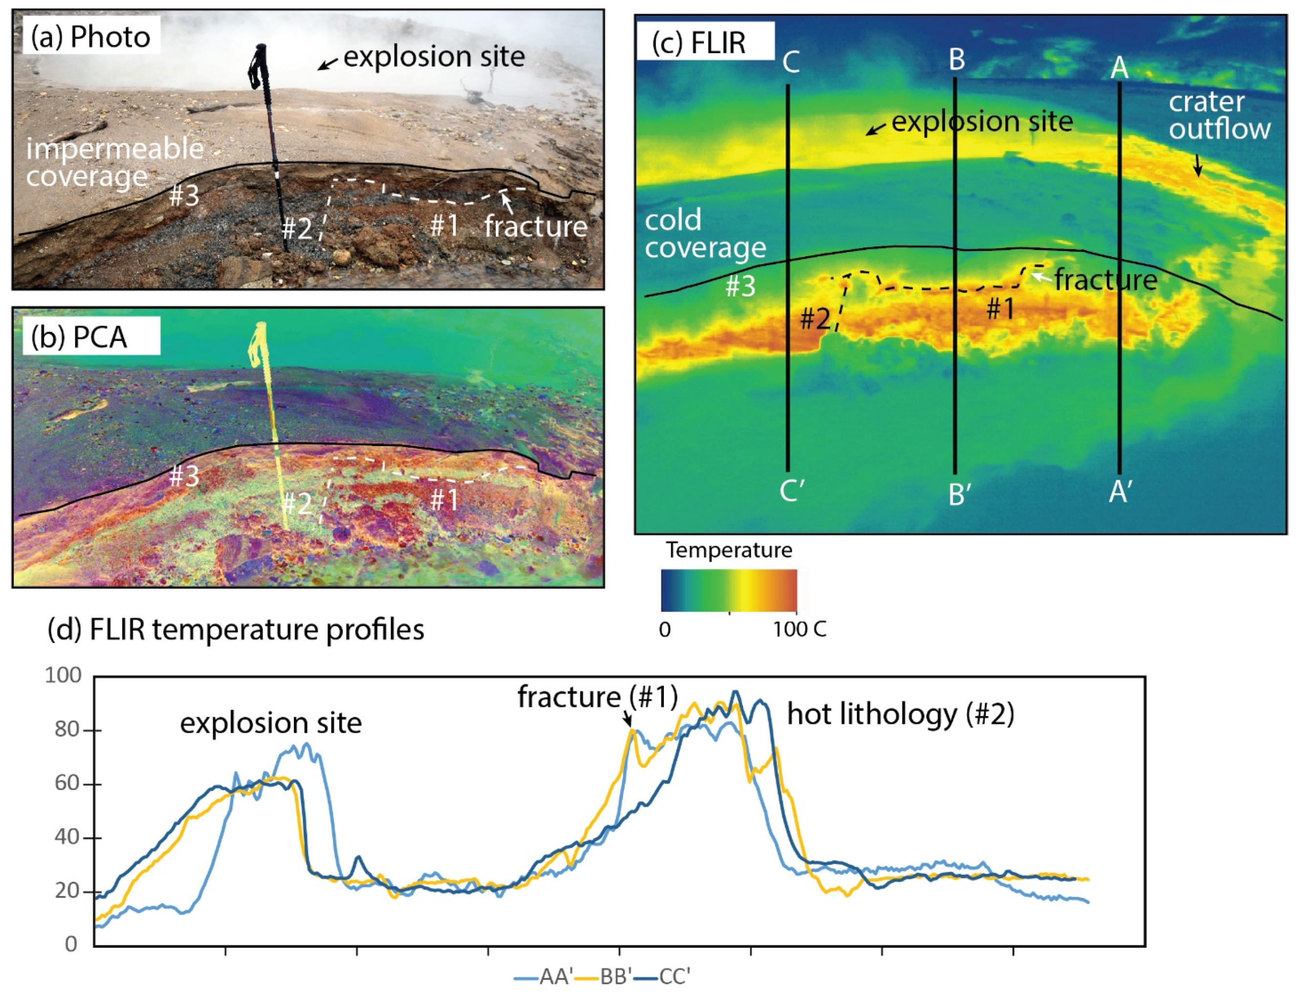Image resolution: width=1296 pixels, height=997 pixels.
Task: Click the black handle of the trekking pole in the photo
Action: pos(259,65)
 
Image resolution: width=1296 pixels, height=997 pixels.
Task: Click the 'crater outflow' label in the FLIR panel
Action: pos(1219,116)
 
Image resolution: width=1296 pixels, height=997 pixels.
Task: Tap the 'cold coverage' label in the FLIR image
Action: pos(704,234)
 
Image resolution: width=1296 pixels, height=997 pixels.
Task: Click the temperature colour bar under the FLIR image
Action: pos(728,590)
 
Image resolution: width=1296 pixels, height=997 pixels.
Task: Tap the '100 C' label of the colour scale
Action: pos(799,630)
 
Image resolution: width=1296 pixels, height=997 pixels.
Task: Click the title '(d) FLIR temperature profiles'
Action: pos(236,630)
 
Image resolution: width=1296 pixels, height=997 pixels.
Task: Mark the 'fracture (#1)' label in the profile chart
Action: pos(597,696)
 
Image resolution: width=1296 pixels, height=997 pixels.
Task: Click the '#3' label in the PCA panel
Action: pos(184,476)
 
